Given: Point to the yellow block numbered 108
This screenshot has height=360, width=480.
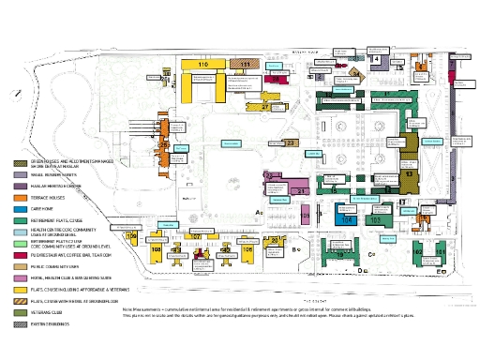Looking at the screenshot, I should click(x=157, y=248).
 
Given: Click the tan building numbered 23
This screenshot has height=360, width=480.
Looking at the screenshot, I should click(x=291, y=142).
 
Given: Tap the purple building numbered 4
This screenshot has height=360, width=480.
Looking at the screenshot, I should click(x=376, y=58).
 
